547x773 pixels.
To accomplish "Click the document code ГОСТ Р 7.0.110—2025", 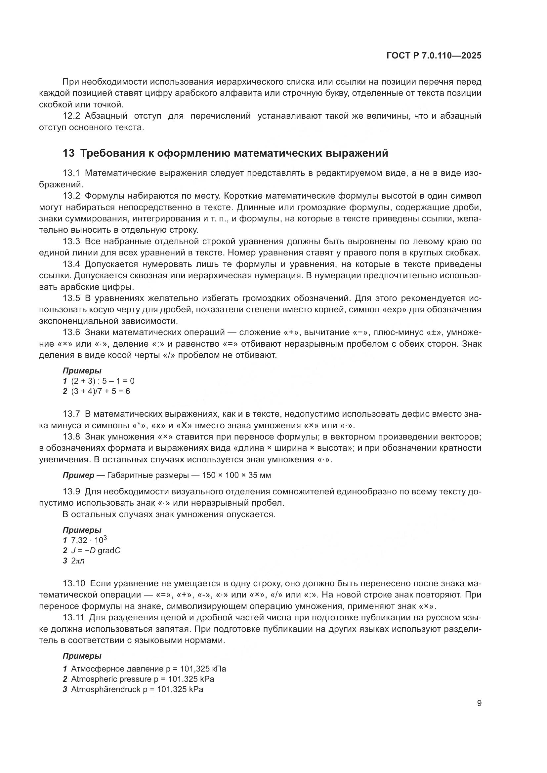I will [x=434, y=56].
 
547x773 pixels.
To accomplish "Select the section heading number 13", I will [x=68, y=153].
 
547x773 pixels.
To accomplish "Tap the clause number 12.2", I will [x=71, y=116].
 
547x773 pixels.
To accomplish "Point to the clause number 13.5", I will [x=71, y=298].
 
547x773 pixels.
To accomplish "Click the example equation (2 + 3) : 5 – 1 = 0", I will [x=103, y=381].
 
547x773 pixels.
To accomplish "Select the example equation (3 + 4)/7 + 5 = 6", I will [x=101, y=391].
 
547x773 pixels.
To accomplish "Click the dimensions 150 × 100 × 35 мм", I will [x=236, y=475].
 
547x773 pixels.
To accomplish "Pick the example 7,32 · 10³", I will [x=89, y=540].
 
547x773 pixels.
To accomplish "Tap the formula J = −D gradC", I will [x=96, y=551].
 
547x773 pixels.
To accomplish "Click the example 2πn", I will [x=78, y=561].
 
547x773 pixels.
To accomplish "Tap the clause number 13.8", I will [x=71, y=437].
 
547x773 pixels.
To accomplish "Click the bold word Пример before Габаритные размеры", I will [x=78, y=475].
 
